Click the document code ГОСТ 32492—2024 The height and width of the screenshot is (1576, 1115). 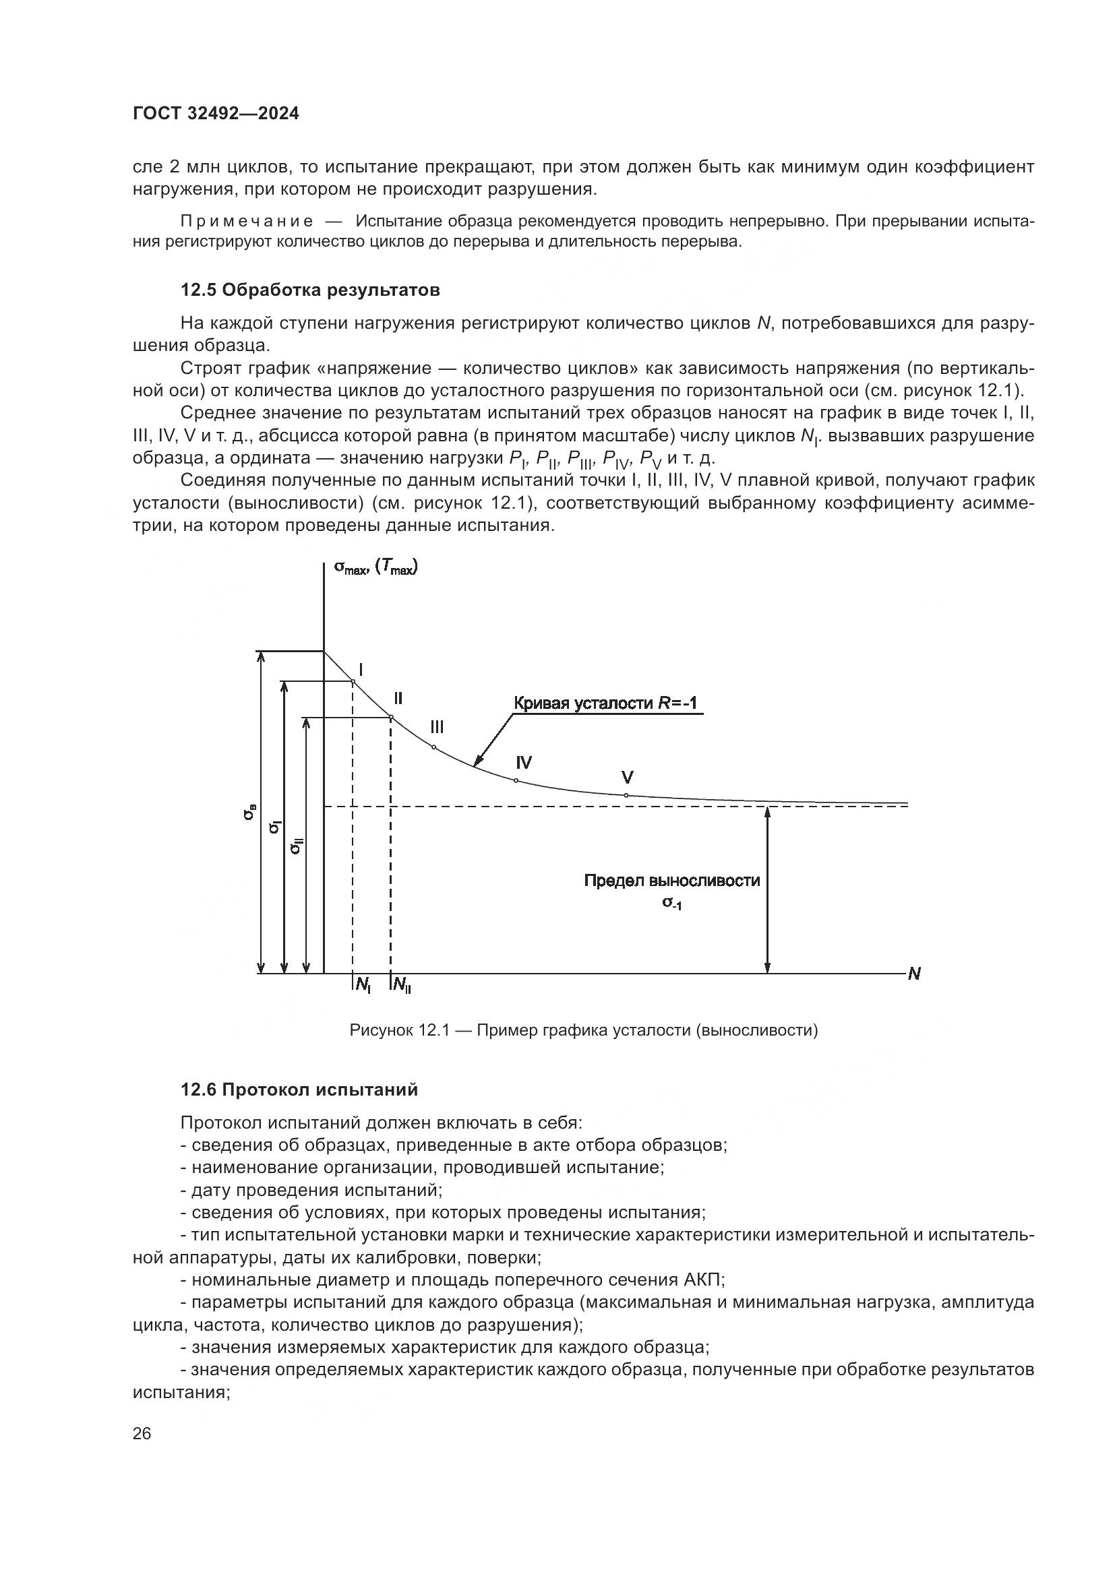[x=216, y=114]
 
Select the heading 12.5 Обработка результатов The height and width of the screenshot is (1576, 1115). [x=309, y=290]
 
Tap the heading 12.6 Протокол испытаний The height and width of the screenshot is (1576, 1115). [x=299, y=1090]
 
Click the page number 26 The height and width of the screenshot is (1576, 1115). [x=142, y=1432]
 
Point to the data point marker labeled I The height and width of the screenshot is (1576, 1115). [x=353, y=681]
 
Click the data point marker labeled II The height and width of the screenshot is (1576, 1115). [x=392, y=718]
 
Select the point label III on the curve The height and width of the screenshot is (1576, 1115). [x=437, y=727]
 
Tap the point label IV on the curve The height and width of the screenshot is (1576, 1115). [x=524, y=762]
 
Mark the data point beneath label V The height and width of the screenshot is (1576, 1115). [x=626, y=795]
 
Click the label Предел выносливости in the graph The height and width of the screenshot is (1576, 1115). [x=671, y=881]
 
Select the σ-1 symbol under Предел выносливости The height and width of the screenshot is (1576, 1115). [x=671, y=904]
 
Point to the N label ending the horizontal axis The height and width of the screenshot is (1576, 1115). [x=914, y=974]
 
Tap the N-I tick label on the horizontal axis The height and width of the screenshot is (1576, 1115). [x=363, y=986]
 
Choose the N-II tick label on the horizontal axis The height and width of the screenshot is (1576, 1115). [x=402, y=986]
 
